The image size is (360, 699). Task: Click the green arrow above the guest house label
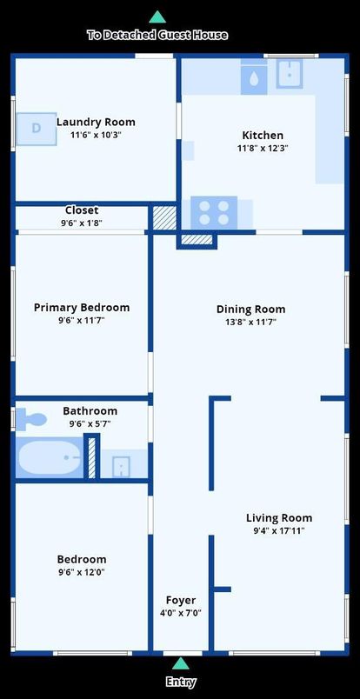(x=157, y=17)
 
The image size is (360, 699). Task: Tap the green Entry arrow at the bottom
(x=181, y=664)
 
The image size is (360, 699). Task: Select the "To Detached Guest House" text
(x=157, y=35)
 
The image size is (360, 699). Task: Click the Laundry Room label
(x=96, y=123)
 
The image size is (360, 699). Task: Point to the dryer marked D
(x=37, y=129)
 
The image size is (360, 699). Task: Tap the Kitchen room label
(x=263, y=136)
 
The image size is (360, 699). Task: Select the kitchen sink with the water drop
(x=254, y=77)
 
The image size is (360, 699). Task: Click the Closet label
(x=82, y=210)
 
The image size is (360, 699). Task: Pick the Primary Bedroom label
(x=82, y=308)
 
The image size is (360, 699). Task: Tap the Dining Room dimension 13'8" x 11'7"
(x=250, y=322)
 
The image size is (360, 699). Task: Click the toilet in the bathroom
(x=30, y=420)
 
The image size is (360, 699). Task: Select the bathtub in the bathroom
(x=49, y=457)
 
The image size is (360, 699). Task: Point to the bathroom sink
(x=121, y=466)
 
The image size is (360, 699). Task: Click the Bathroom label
(x=90, y=411)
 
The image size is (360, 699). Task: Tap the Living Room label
(x=279, y=518)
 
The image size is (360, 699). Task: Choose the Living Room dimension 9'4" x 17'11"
(x=279, y=530)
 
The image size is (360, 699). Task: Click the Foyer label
(x=181, y=601)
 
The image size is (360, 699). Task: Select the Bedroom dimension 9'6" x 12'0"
(x=82, y=572)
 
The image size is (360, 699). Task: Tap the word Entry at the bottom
(x=181, y=682)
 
